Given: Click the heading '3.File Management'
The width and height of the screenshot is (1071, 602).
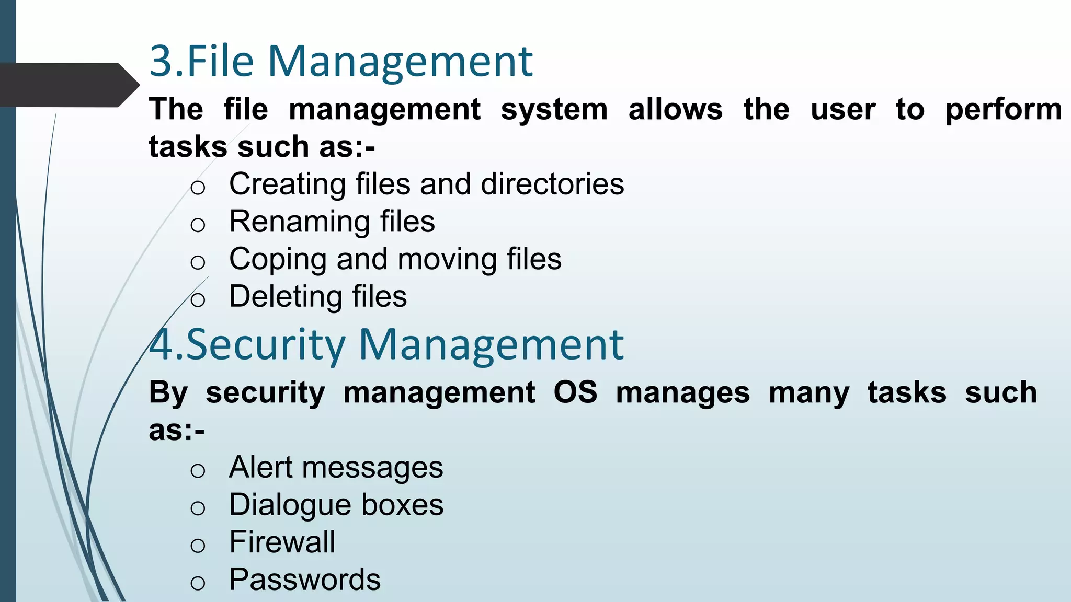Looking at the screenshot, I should tap(340, 62).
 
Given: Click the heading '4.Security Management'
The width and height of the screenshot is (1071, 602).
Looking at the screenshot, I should tap(386, 345).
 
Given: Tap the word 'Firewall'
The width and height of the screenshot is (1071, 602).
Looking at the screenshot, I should tap(282, 542).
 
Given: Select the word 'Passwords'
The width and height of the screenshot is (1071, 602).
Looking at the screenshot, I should tap(305, 580).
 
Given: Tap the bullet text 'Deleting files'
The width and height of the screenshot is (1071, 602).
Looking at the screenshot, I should tap(317, 297).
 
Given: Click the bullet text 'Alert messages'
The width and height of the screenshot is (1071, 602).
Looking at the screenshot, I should tap(336, 467).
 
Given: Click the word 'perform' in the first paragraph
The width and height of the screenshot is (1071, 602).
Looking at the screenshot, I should tap(1003, 110).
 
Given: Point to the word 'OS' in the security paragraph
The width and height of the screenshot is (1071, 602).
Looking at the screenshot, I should tap(575, 392).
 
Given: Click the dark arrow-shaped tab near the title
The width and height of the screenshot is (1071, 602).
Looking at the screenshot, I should tap(68, 85).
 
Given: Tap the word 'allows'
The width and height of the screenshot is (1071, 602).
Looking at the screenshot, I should tap(675, 110).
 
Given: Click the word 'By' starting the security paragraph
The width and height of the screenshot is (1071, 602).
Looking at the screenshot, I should tap(168, 393).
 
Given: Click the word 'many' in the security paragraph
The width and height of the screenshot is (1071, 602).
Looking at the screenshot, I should tap(808, 393).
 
